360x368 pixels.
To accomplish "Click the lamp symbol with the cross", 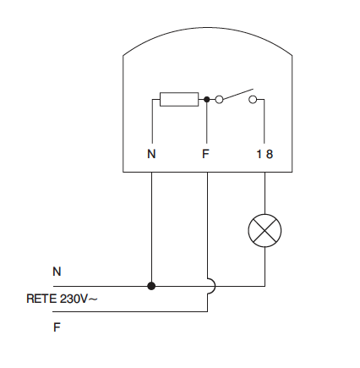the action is coord(265,231).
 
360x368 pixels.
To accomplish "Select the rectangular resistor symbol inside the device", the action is coord(179,99).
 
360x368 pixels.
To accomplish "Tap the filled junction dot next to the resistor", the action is coord(207,99).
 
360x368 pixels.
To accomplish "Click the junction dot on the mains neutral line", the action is coord(151,286).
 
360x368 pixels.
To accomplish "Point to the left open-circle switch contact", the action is coord(219,99).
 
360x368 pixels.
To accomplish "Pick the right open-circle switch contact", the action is coord(253,99).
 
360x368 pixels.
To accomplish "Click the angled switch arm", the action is coord(238,94).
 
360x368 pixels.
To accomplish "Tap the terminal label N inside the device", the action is coord(151,154).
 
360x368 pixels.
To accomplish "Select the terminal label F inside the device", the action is coord(205,154).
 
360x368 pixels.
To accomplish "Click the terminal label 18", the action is coord(265,154).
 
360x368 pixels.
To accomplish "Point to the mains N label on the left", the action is coord(57,272).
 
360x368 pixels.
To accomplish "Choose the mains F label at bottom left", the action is coord(57,327).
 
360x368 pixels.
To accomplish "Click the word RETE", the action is coord(41,299).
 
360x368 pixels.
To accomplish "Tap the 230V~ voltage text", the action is coord(79,299).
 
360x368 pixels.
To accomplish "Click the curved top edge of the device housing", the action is coord(208,28).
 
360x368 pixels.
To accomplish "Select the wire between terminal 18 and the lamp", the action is coord(265,193).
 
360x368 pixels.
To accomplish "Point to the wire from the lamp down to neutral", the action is coord(265,266).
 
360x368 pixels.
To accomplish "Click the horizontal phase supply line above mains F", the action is coord(130,311).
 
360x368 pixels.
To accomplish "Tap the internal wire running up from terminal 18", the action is coord(265,121).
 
